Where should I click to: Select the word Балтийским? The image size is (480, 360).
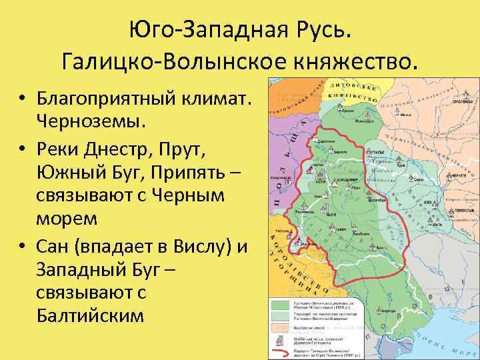point(90,315)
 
